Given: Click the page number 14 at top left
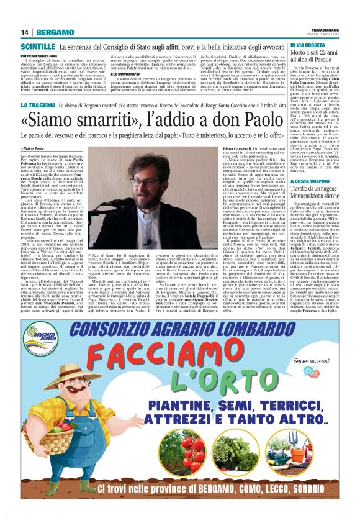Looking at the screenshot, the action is (x=25, y=32).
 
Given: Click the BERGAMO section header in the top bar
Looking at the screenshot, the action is (x=55, y=32).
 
